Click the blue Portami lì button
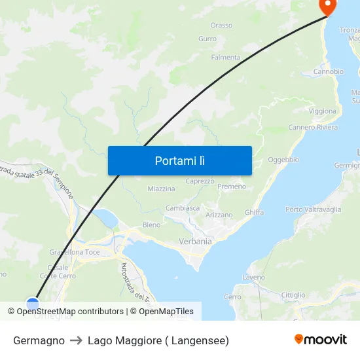click(179, 160)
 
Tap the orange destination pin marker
click(326, 7)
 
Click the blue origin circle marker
click(33, 303)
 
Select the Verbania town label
click(196, 242)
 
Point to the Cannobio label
click(328, 71)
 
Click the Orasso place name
click(221, 26)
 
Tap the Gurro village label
click(207, 39)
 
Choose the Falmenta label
click(225, 58)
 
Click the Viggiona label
click(322, 111)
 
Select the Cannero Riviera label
click(313, 127)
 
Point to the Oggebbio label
click(283, 160)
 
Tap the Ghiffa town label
click(254, 212)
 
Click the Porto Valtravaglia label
click(313, 209)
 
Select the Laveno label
click(253, 278)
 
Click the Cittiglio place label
click(293, 295)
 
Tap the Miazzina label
click(161, 189)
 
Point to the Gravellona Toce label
click(75, 252)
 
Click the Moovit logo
click(321, 339)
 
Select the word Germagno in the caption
click(39, 340)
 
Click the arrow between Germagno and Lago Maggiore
click(76, 340)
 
